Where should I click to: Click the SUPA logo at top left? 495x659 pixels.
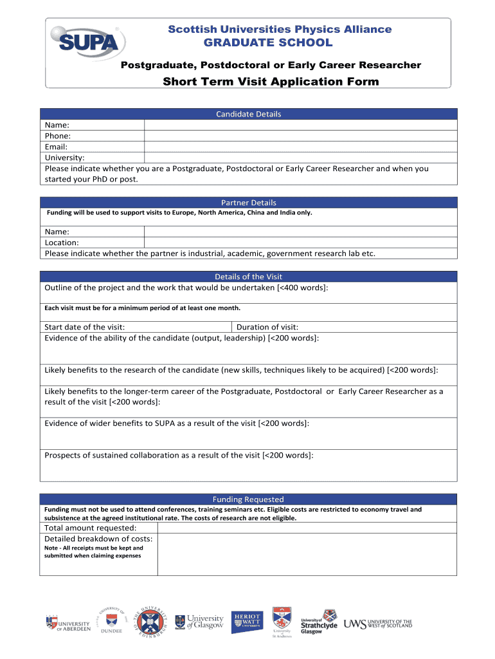tap(87, 41)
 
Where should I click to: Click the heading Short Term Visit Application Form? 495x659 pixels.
tap(271, 82)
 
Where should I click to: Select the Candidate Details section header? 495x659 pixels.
tap(248, 114)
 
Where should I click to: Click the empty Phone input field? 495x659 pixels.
tap(300, 136)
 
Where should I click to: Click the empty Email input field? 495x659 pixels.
tap(300, 147)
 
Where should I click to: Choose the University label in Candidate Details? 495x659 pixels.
tap(64, 158)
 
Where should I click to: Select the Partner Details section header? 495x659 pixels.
tap(248, 202)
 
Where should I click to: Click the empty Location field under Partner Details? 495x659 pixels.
tap(300, 243)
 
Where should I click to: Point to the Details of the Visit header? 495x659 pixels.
tap(248, 277)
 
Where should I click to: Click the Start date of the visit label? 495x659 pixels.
tap(85, 327)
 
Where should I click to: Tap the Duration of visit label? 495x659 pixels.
tap(267, 327)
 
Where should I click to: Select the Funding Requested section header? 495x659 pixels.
tap(248, 499)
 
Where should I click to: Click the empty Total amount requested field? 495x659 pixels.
tap(307, 528)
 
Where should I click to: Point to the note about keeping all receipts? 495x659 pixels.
tap(94, 552)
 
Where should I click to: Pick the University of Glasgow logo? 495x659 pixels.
tap(200, 621)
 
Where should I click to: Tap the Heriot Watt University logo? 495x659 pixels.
tap(248, 620)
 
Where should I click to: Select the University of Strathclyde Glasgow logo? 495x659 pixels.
tap(319, 622)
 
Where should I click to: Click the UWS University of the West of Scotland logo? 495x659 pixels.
tap(378, 624)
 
